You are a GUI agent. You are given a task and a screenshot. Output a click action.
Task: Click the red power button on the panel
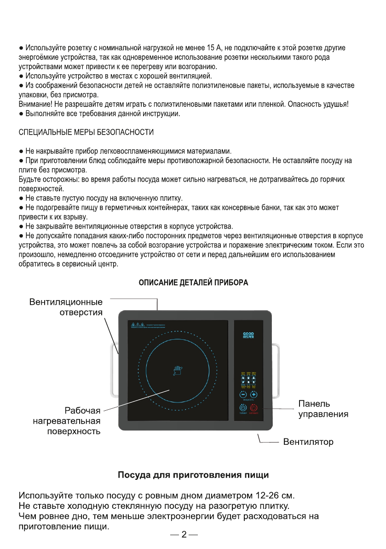coord(253,408)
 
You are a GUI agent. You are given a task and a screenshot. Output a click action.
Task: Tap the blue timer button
coord(243,408)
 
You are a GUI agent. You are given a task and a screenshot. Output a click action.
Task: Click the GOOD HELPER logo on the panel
coord(248,336)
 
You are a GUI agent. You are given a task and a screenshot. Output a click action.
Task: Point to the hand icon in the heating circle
coord(178,371)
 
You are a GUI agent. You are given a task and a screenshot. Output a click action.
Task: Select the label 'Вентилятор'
coord(308,442)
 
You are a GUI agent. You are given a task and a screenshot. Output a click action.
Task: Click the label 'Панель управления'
coord(323,409)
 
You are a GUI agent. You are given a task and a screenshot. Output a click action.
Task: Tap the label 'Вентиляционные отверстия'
coord(66,307)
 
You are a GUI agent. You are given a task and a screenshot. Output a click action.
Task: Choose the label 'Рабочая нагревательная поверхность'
coord(67,421)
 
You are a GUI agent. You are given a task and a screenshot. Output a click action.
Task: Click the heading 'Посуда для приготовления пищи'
coord(193,475)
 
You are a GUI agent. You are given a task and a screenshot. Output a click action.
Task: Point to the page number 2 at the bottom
coord(184,535)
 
